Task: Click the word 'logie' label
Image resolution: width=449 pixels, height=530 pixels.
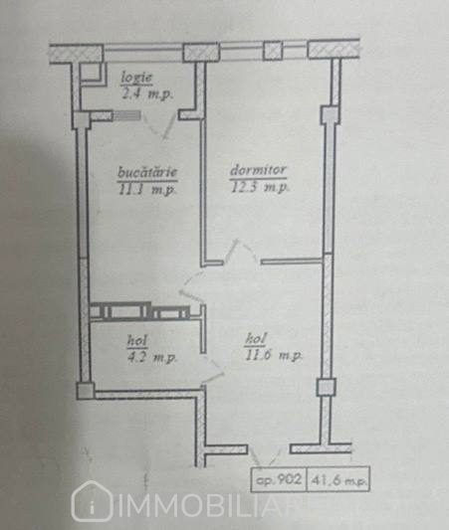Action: pos(136,79)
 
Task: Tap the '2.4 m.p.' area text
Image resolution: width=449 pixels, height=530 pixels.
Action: pos(147,93)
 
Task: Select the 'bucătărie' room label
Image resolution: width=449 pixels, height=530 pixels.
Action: pos(147,172)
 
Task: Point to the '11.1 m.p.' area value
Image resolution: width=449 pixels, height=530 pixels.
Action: pos(147,189)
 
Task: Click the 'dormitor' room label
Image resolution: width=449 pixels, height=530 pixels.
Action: pos(258,170)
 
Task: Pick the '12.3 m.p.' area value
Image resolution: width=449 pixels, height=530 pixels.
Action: pos(259,187)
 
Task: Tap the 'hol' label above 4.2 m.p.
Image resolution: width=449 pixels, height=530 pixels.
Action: pos(137,341)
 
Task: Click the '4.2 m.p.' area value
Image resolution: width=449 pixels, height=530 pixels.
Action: pos(151,357)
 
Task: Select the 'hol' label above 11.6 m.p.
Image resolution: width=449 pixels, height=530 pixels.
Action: pos(256,339)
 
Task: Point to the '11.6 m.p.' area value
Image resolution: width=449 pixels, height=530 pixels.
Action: pos(273,355)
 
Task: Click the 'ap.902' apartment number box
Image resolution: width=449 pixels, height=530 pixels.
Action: pos(279,479)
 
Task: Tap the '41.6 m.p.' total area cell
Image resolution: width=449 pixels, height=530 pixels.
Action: pos(338,480)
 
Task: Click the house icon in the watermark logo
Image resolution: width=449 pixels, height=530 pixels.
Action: pos(92,501)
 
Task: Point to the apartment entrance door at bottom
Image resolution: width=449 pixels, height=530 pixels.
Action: pos(269,455)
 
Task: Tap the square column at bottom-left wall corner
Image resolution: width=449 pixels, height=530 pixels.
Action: pos(85,391)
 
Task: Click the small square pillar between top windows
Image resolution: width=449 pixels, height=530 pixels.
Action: pos(273,51)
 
